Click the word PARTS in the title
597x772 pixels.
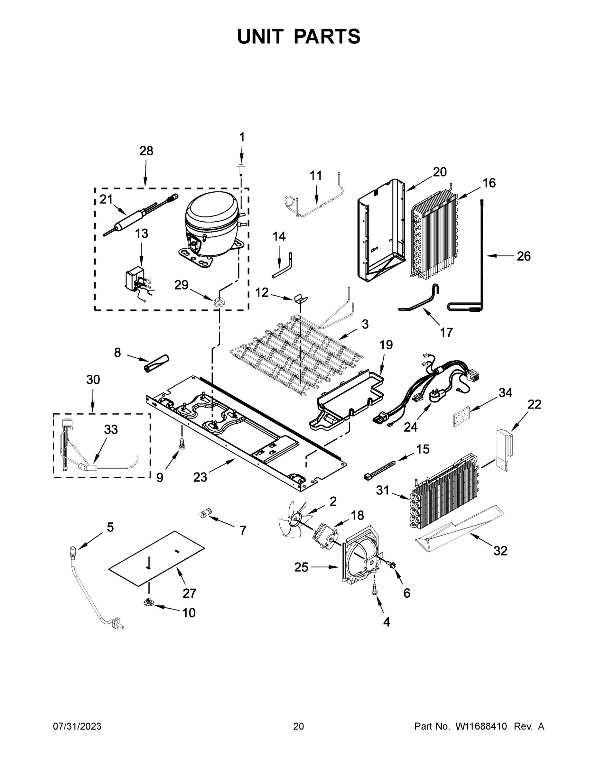click(327, 36)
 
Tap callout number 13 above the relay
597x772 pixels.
click(142, 234)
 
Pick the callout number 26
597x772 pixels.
click(523, 256)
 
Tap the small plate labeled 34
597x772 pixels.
click(461, 416)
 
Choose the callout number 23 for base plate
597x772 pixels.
click(200, 477)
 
